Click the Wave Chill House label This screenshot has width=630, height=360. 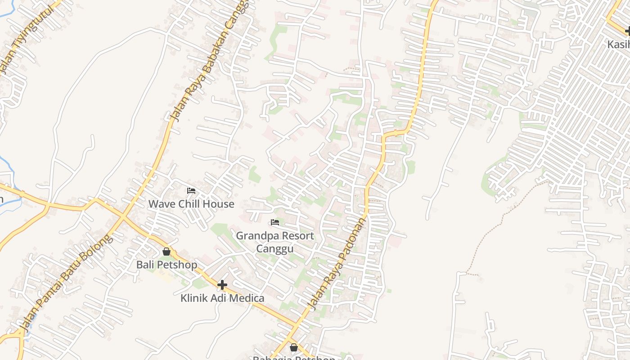pyautogui.click(x=191, y=204)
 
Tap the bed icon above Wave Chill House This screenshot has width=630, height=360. pyautogui.click(x=191, y=191)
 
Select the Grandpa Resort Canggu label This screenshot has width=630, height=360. pyautogui.click(x=275, y=242)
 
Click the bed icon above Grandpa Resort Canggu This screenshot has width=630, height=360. pyautogui.click(x=275, y=222)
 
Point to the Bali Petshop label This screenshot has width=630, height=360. pyautogui.click(x=166, y=265)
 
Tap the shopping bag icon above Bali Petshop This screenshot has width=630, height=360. pyautogui.click(x=166, y=252)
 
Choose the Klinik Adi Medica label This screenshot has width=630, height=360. pyautogui.click(x=222, y=298)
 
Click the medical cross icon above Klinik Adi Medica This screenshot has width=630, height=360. pyautogui.click(x=222, y=284)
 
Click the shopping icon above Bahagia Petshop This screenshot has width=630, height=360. pyautogui.click(x=294, y=347)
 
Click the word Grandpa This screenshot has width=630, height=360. pyautogui.click(x=256, y=236)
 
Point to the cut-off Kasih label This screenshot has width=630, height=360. pyautogui.click(x=619, y=44)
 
